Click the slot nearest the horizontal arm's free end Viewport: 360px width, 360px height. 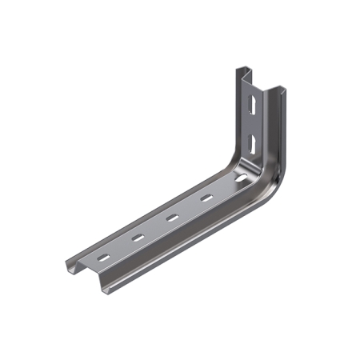pyautogui.click(x=103, y=258)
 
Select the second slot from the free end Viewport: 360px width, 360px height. pyautogui.click(x=137, y=238)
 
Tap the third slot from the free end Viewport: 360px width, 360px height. pyautogui.click(x=171, y=217)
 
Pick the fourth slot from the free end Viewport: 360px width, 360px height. pyautogui.click(x=206, y=197)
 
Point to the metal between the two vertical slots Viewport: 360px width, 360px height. pyautogui.click(x=253, y=125)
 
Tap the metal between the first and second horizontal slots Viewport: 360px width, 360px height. pyautogui.click(x=120, y=248)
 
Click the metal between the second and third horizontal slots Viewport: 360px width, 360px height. pyautogui.click(x=154, y=227)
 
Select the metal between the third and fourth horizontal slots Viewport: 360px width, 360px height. pyautogui.click(x=189, y=207)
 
